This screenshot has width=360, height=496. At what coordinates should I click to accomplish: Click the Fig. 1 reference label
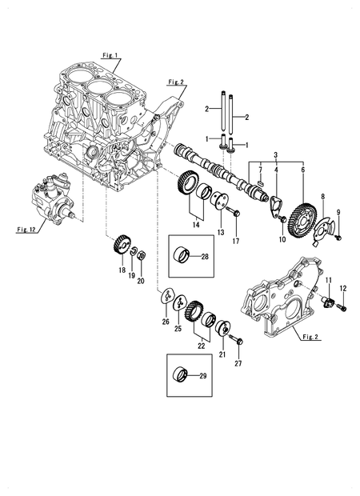[x=110, y=56]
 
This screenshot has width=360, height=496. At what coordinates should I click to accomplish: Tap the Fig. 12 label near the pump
[x=27, y=229]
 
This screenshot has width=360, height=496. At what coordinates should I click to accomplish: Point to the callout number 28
[x=204, y=257]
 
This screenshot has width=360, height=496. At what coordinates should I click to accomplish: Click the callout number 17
[x=235, y=241]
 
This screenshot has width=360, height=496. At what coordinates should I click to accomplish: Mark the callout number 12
[x=343, y=288]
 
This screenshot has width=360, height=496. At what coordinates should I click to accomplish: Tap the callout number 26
[x=166, y=323]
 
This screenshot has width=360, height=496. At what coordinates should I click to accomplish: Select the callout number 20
[x=142, y=280]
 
